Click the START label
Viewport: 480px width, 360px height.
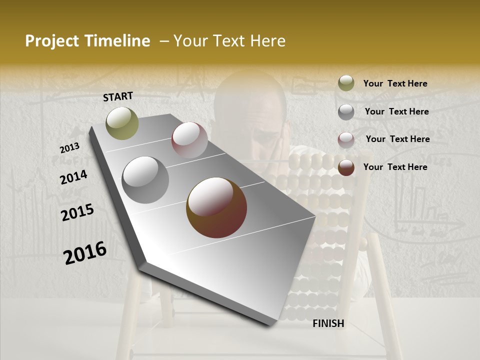[x=118, y=96]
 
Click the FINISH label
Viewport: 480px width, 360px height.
[x=328, y=323]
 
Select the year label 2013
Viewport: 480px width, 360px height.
[x=69, y=148]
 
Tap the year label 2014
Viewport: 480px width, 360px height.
[x=73, y=177]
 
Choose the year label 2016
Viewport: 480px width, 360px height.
[x=85, y=253]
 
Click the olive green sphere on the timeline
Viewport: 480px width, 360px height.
[x=122, y=123]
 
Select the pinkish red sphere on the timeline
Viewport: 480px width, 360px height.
[x=189, y=140]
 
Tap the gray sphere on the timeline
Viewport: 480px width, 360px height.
[x=145, y=180]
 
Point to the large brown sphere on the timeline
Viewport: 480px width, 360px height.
[x=216, y=207]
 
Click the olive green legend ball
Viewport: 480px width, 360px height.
[x=346, y=83]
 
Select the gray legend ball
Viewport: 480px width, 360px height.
[x=346, y=112]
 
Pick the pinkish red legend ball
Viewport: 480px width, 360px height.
[x=346, y=140]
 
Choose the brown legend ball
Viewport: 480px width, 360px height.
[x=346, y=167]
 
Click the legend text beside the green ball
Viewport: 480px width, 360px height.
[x=395, y=83]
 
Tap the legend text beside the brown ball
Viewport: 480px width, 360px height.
[x=395, y=167]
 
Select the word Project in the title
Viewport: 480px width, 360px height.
[x=52, y=41]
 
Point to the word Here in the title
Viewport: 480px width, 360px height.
[x=267, y=41]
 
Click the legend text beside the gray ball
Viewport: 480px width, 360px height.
[x=396, y=111]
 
